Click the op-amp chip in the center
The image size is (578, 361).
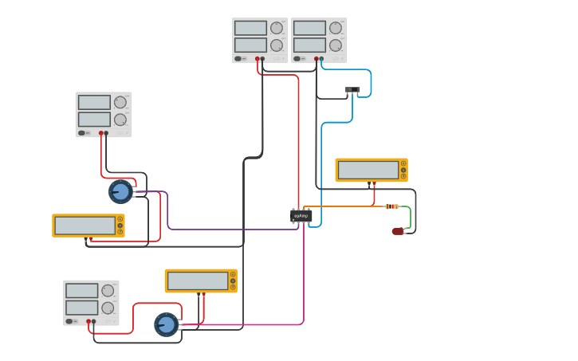click(x=301, y=216)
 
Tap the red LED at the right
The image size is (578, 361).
click(x=398, y=231)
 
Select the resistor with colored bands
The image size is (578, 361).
click(x=391, y=206)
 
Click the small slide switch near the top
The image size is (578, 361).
click(x=352, y=90)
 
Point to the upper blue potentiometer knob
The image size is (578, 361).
click(x=120, y=191)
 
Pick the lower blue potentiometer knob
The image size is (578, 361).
click(x=166, y=324)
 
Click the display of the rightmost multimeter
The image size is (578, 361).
click(x=368, y=170)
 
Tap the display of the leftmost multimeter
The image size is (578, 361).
click(x=85, y=226)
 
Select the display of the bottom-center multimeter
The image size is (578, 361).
click(x=197, y=281)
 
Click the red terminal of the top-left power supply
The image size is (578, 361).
click(x=258, y=58)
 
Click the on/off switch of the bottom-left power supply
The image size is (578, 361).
click(x=70, y=321)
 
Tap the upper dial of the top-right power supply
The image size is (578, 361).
click(x=336, y=28)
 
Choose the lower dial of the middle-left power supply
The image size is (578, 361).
click(x=120, y=120)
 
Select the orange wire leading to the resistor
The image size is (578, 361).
click(x=343, y=206)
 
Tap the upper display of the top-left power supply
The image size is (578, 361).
click(x=250, y=28)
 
